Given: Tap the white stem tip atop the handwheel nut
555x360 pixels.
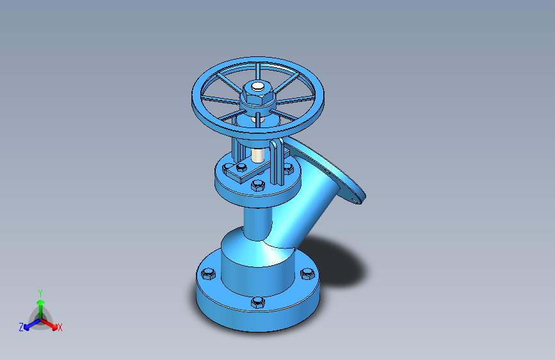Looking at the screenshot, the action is point(258,86).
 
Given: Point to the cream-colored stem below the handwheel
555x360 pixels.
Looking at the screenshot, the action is point(257,155).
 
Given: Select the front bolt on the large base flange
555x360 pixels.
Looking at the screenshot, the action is point(258,302).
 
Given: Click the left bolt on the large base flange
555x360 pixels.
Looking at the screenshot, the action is point(208,274).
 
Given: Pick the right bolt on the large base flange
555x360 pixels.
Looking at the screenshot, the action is point(307,274).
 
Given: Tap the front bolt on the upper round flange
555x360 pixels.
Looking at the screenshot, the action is point(258,185).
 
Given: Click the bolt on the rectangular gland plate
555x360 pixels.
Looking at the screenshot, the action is point(241,167).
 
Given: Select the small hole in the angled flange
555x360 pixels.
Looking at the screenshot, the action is point(356,201).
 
